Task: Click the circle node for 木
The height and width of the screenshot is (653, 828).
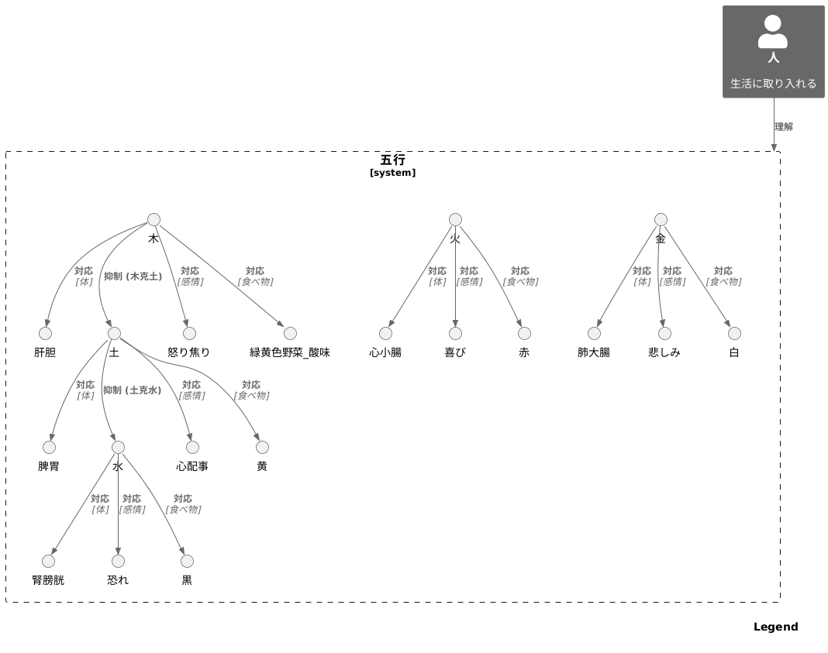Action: [154, 219]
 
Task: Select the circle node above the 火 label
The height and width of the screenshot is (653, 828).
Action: [455, 219]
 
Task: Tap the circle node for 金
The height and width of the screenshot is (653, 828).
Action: [661, 219]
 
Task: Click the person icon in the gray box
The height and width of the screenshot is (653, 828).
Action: [772, 32]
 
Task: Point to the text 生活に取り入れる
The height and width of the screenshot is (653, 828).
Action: [773, 84]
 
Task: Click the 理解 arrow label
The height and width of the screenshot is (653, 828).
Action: [784, 126]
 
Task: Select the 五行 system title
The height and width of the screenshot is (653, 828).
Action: [393, 160]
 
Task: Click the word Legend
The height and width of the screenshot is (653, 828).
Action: [776, 627]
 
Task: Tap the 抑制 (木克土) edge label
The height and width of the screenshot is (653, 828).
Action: [133, 277]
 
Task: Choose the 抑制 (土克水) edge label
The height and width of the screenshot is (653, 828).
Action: [133, 390]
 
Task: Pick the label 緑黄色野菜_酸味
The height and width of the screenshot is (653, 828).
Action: [290, 352]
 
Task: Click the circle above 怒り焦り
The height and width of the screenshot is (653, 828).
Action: [189, 333]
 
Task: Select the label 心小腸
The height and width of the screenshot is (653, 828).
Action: [385, 352]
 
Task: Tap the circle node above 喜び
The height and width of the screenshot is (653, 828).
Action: [455, 333]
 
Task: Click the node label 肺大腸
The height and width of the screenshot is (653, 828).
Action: [594, 352]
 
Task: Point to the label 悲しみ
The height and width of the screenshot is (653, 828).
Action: [664, 352]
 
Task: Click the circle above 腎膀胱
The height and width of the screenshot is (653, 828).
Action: [48, 562]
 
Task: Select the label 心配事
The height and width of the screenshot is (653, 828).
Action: [192, 466]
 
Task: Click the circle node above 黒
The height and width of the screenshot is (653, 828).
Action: [187, 562]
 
